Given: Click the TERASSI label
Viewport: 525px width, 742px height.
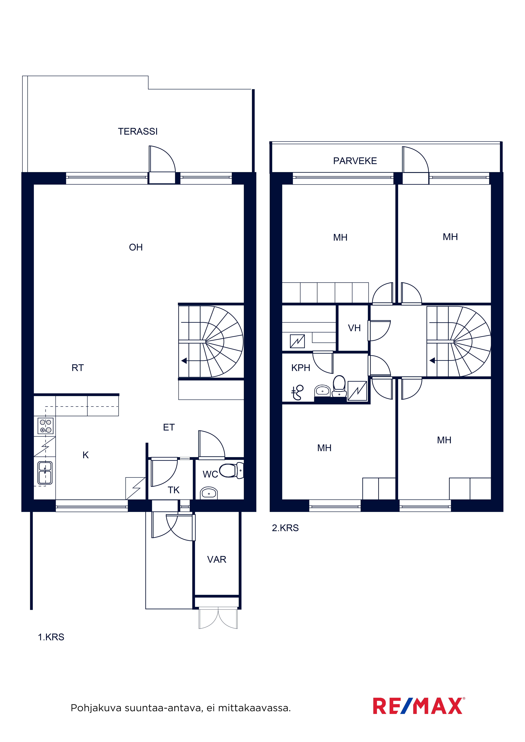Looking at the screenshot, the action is click(x=138, y=131).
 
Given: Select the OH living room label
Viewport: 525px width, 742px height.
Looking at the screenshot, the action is click(x=136, y=247).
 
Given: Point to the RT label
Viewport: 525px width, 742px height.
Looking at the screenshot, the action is click(x=78, y=368).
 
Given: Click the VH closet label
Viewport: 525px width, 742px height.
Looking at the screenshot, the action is click(x=354, y=328).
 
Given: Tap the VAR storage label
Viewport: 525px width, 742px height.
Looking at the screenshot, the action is click(x=217, y=559).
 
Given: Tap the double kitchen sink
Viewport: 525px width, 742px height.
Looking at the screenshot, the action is click(x=45, y=473).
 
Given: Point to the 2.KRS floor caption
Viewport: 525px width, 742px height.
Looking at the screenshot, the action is click(x=285, y=528).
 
